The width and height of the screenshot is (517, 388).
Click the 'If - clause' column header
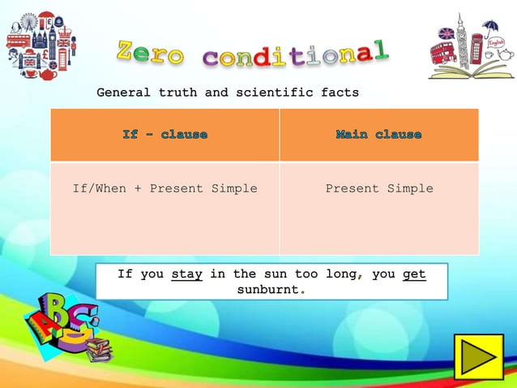point(164,134)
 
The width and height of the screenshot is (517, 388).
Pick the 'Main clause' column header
point(378,134)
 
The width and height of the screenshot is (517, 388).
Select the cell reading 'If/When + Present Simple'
point(164,188)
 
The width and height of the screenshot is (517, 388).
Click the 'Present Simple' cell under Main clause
point(378,188)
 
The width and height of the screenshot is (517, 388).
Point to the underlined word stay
point(187,274)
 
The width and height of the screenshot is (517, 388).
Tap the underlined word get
point(414,274)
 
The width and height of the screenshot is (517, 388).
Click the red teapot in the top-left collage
point(46,72)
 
